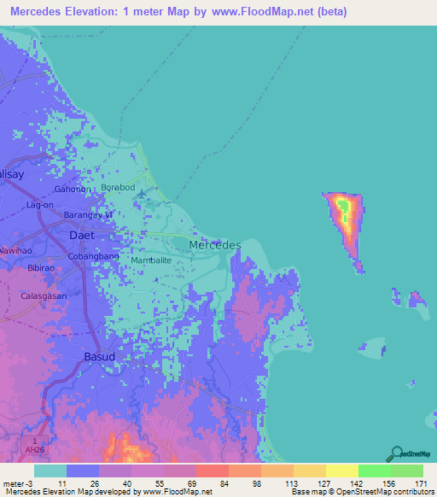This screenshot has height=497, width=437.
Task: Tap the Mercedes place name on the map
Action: tap(214, 245)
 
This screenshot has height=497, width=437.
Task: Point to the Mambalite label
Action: tap(152, 260)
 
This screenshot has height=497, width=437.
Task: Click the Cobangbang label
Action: tap(94, 256)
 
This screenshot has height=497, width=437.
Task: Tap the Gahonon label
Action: tap(71, 190)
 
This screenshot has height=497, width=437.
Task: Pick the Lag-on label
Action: tap(40, 206)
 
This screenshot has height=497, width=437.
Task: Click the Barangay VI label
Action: tap(90, 215)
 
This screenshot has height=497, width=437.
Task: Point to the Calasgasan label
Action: tap(44, 295)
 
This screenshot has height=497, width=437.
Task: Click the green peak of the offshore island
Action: tap(343, 205)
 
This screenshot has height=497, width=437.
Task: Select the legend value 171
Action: tap(422, 482)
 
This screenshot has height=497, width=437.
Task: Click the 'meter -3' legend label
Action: tap(16, 482)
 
